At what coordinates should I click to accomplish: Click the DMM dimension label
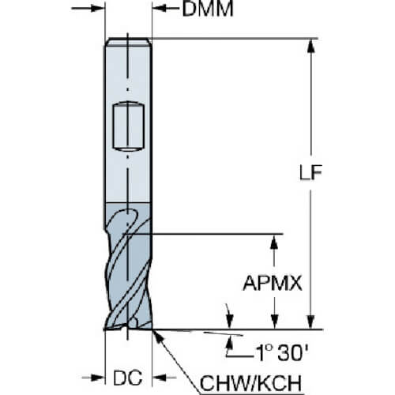pyautogui.click(x=208, y=9)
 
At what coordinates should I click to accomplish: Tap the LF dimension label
pyautogui.click(x=310, y=172)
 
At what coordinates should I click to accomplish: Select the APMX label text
pyautogui.click(x=273, y=284)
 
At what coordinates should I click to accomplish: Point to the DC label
pyautogui.click(x=128, y=378)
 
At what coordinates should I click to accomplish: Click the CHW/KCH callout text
pyautogui.click(x=250, y=383)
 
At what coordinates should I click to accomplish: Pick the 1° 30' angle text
pyautogui.click(x=282, y=353)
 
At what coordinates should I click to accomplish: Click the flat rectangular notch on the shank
pyautogui.click(x=129, y=126)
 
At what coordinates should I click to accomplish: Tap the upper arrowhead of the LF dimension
pyautogui.click(x=311, y=46)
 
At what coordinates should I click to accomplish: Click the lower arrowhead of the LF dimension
pyautogui.click(x=311, y=322)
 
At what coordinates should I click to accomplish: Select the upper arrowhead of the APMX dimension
pyautogui.click(x=274, y=241)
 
